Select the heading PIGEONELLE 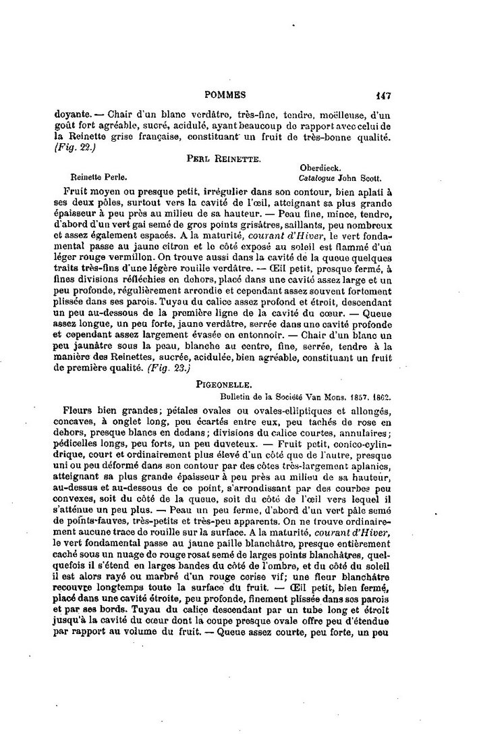point(225,384)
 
